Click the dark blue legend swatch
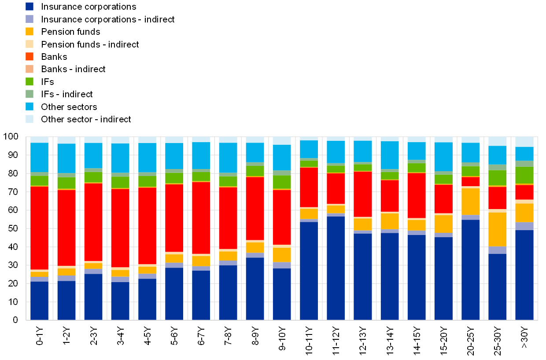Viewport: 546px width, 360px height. coord(30,7)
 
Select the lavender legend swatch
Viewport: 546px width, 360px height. coord(30,19)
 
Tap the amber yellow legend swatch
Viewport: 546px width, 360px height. coord(30,32)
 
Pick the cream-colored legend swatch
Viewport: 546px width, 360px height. coord(30,44)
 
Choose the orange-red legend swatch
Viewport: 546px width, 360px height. coord(30,57)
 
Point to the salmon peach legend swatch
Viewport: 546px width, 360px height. coord(30,69)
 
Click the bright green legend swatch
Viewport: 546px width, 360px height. coord(30,81)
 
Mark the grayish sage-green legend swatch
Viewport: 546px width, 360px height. coord(30,94)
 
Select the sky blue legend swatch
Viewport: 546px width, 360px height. coord(30,107)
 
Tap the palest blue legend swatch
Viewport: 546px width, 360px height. coord(30,119)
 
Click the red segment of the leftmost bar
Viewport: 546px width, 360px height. coord(39,228)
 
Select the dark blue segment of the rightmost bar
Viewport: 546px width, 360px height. coord(524,275)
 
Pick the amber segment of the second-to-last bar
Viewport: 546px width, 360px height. coord(497,229)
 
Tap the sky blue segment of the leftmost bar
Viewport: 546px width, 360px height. coord(39,157)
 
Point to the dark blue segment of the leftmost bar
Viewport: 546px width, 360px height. coord(39,301)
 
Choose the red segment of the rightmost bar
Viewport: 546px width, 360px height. coord(524,192)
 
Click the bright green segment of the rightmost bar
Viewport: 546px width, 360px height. coord(524,175)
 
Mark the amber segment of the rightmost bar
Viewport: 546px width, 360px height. coord(524,213)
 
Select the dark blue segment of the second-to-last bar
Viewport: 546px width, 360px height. coord(497,287)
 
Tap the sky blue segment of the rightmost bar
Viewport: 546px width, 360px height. coord(524,154)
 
